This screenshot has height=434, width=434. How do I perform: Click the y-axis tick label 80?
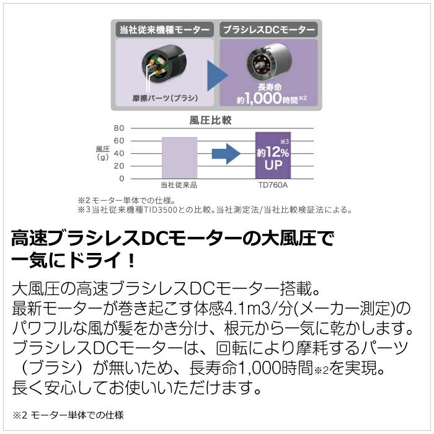coord(120,128)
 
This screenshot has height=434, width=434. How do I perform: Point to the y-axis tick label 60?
coord(120,141)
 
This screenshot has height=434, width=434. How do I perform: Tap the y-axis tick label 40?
coord(120,153)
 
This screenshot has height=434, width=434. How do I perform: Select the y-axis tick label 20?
coord(120,166)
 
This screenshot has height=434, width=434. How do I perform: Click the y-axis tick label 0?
coord(122,179)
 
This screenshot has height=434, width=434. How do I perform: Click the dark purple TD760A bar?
coord(273,155)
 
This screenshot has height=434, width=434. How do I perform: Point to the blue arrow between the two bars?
coord(225,154)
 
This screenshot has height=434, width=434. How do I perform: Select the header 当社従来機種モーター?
coord(164,29)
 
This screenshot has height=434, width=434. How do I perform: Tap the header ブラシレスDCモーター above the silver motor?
coord(268,29)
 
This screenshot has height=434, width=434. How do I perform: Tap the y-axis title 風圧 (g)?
coord(102,153)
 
